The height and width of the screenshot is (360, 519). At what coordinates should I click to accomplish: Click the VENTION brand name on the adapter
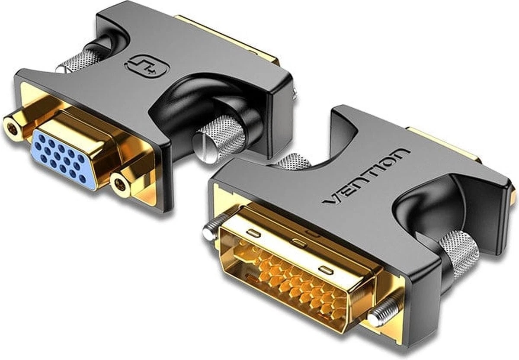click(368, 176)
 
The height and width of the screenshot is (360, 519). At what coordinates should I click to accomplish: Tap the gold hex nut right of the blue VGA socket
click(121, 185)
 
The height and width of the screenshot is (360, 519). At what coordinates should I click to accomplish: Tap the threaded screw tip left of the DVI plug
click(211, 232)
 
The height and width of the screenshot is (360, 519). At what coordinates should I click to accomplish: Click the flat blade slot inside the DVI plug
click(251, 277)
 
